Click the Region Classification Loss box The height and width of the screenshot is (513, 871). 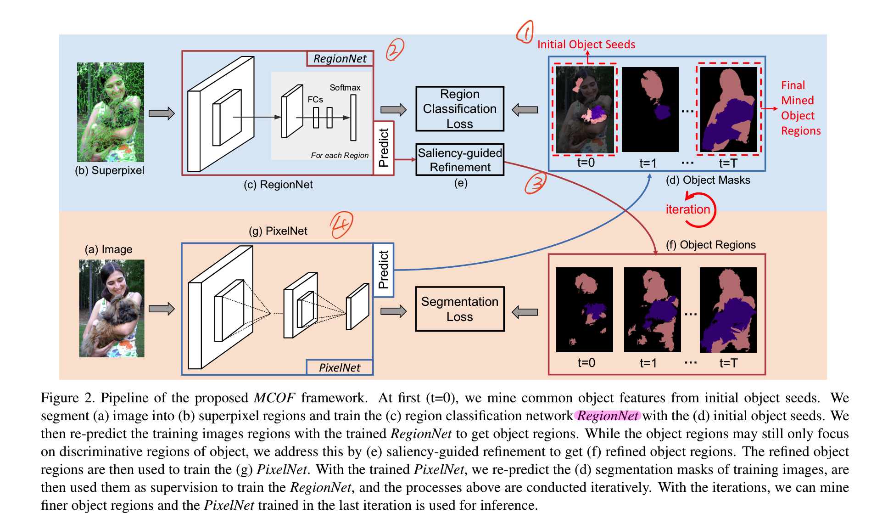point(460,109)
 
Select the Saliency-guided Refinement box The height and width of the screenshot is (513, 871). point(460,160)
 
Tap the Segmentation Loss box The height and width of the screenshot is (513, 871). point(460,309)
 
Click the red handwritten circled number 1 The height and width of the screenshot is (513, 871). point(525,32)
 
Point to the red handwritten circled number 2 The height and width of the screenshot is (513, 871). point(395,49)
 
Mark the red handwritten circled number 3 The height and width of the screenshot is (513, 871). point(536,183)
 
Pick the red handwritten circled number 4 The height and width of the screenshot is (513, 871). point(341,225)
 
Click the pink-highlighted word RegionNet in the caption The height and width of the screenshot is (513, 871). point(608,416)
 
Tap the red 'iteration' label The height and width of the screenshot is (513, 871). point(688,209)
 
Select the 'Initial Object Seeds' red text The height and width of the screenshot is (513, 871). point(586,45)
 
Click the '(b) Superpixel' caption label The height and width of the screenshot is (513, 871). point(110,170)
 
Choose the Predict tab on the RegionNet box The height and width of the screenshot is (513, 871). point(384,147)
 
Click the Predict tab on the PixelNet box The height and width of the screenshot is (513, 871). point(384,270)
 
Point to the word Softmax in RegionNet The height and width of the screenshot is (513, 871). point(345,88)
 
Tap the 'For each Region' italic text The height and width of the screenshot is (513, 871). point(340,155)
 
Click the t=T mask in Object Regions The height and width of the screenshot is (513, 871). point(728,310)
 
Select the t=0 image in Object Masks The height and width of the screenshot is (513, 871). point(585,110)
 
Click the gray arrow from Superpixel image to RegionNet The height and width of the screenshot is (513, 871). point(162,113)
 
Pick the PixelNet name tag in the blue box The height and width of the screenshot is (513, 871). point(340,367)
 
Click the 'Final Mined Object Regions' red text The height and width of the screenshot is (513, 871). point(801,108)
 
